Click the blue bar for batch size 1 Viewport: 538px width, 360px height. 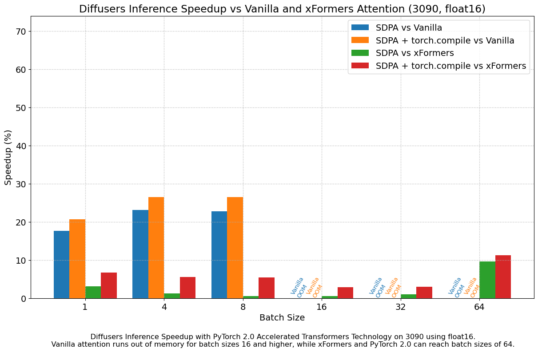(x=61, y=265)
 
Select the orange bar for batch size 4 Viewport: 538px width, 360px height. (x=156, y=248)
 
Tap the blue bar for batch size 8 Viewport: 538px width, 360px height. (x=219, y=255)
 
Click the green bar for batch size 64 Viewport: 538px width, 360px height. (x=487, y=280)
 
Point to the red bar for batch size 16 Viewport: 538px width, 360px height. (x=345, y=293)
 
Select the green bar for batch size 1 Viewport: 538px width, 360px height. (x=93, y=293)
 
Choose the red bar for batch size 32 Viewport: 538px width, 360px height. (x=424, y=293)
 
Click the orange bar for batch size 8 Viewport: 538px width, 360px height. (x=235, y=248)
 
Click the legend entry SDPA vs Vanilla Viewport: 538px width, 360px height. (x=409, y=28)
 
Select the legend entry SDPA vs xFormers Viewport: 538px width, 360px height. (x=414, y=53)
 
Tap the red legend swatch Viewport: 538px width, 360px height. (x=360, y=66)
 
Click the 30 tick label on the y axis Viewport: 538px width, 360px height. (x=20, y=184)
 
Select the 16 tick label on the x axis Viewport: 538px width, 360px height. (x=322, y=307)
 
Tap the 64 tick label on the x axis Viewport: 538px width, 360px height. (x=479, y=307)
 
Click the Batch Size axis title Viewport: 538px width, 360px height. (x=282, y=318)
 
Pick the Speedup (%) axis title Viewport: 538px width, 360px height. (x=8, y=157)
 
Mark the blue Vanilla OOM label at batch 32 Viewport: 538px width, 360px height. (x=376, y=287)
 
